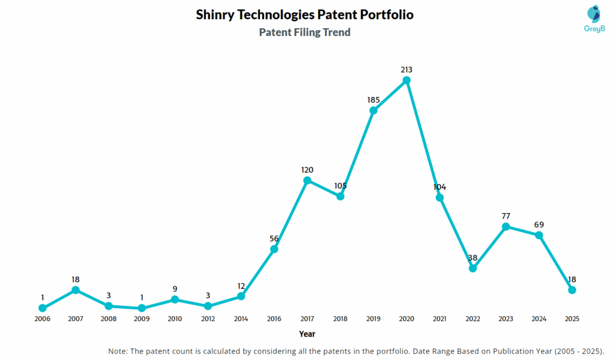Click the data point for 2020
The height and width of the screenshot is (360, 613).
pos(406,80)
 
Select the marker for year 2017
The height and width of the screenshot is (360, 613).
pos(307,180)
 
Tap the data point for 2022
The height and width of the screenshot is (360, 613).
pos(473,268)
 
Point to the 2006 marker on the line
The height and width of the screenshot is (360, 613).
pos(43,308)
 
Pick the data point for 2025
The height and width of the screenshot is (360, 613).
pos(572,290)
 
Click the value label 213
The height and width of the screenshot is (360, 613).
pos(406,70)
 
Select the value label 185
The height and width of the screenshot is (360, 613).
pos(374,99)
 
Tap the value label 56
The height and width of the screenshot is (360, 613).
pos(274,239)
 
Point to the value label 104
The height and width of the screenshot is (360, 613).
pos(440,187)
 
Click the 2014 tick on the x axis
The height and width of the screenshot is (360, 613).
pos(241,319)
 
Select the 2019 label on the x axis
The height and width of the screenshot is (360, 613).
pos(374,319)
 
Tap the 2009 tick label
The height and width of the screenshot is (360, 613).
pos(141,319)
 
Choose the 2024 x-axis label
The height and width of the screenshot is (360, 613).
pos(539,319)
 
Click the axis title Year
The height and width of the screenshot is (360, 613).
pos(307,334)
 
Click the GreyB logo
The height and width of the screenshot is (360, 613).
pos(593,19)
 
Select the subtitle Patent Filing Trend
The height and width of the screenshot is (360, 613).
pos(305,32)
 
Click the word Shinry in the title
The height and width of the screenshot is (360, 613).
pos(218,14)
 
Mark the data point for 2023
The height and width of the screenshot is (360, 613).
pos(506,226)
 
